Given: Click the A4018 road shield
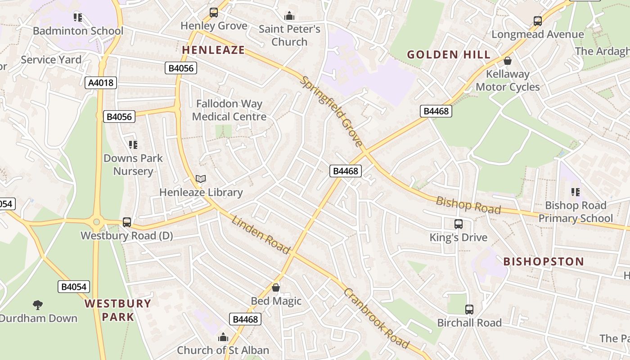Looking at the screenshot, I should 101,83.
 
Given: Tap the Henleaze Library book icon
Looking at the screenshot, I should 201,179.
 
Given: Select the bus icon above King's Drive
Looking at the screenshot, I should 458,224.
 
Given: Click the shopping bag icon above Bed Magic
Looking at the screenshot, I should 276,287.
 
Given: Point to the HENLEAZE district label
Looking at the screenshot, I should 213,50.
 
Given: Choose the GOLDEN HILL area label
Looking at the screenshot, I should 449,55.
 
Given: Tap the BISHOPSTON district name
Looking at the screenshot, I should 543,261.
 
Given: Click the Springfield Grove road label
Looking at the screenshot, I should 332,111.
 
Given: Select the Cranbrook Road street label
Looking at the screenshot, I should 376,318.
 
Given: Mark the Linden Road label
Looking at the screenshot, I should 261,234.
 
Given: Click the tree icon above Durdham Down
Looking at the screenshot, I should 38,305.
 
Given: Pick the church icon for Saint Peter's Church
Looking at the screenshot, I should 289,16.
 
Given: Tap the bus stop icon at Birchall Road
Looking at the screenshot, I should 469,309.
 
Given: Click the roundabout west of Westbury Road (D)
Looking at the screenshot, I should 96,221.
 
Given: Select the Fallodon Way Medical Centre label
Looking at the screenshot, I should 229,110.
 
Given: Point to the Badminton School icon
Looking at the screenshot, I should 78,18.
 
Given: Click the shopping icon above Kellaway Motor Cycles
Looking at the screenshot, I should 508,60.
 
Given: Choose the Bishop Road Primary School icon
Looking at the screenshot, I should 575,192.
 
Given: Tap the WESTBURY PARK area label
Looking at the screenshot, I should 118,310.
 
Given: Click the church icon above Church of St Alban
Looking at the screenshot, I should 223,337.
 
